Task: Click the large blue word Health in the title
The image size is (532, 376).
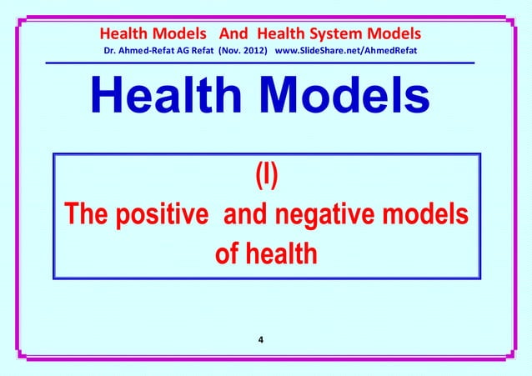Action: pyautogui.click(x=167, y=100)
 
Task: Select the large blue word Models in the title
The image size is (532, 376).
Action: pyautogui.click(x=347, y=100)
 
